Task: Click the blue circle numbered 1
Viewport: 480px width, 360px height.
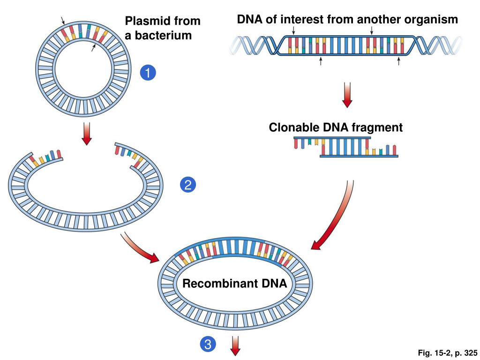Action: [x=148, y=73]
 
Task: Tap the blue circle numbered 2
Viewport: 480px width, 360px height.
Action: [x=188, y=185]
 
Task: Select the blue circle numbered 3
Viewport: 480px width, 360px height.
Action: [x=208, y=344]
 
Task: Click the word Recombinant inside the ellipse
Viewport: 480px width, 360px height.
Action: [x=216, y=283]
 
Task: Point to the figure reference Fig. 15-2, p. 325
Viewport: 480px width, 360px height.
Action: [x=447, y=353]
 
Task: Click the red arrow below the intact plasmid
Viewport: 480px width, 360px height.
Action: [x=87, y=134]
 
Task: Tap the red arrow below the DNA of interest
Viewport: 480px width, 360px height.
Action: [x=347, y=95]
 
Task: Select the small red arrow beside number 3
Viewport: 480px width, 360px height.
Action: [x=235, y=345]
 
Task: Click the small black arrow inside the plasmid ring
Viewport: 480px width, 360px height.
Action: [x=93, y=47]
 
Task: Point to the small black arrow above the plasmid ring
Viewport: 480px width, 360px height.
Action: [x=63, y=21]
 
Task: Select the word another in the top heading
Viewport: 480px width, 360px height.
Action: [x=379, y=19]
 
